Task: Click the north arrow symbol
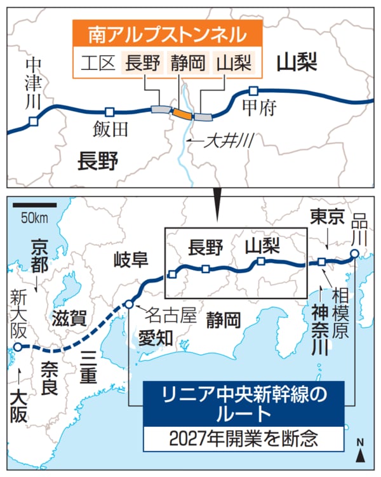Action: pos(359,453)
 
